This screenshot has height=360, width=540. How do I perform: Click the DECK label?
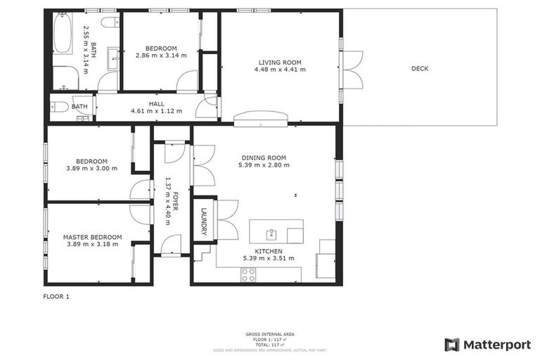420,68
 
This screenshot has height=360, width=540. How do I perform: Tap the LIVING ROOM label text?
279,63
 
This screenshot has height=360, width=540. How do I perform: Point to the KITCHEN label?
268,251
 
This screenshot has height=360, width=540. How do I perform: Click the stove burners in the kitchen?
249,275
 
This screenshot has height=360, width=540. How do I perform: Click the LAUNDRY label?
204,221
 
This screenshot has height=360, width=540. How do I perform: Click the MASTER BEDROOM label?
92,237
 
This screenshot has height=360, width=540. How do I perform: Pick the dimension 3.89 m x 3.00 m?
92,168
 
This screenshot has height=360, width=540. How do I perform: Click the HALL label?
156,103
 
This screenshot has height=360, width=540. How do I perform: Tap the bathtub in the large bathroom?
63,34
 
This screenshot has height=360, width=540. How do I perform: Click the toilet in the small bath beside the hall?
60,107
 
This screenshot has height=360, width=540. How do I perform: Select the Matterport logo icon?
452,345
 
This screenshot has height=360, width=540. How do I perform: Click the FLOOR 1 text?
56,297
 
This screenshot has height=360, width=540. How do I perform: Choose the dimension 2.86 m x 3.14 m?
161,55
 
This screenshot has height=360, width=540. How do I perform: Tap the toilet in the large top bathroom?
110,22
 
